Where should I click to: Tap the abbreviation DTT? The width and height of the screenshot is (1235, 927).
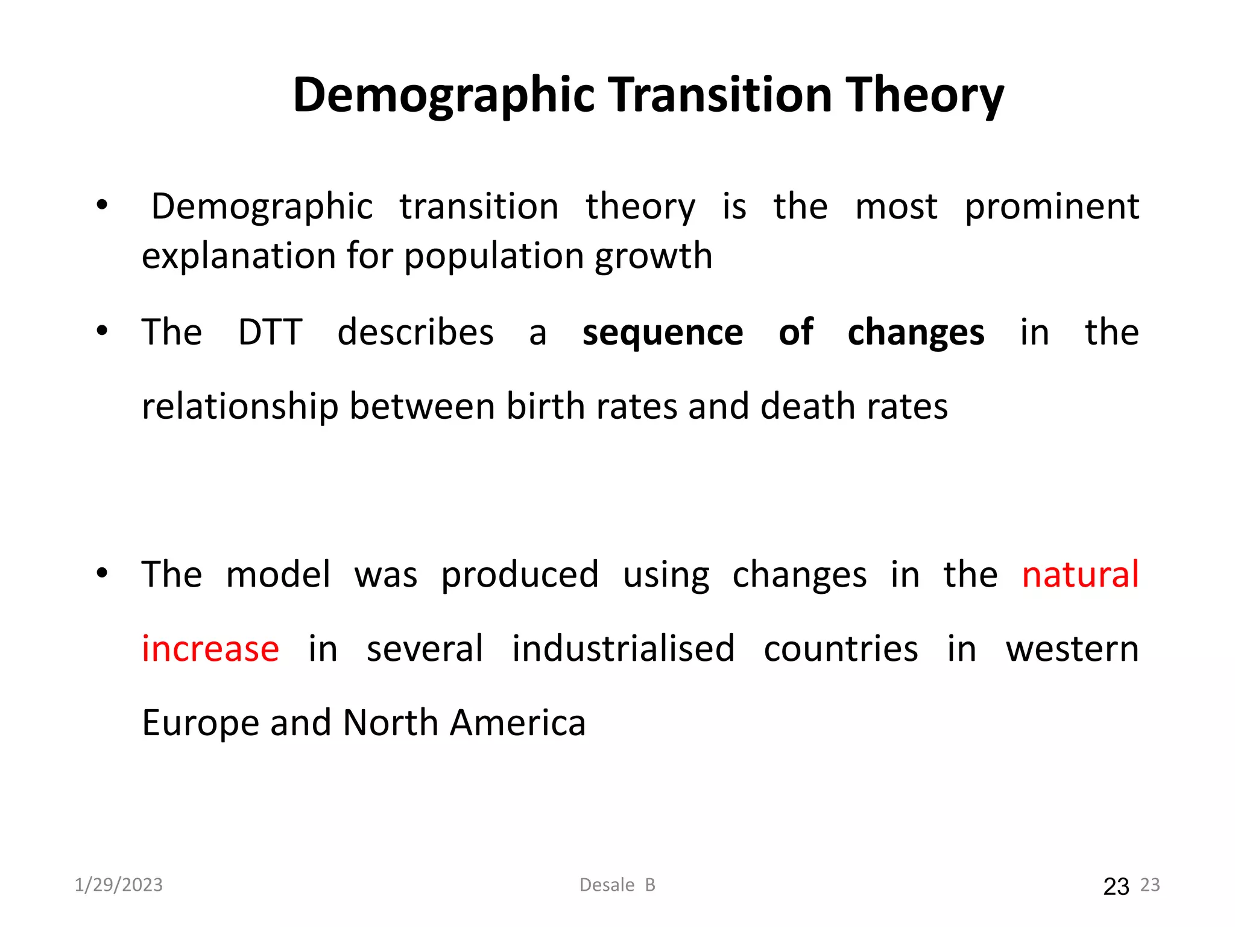coord(270,332)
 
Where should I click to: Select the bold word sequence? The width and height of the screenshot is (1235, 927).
coord(662,333)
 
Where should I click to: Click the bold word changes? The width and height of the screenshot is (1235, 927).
coord(915,333)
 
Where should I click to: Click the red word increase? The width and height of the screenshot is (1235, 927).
coord(210,649)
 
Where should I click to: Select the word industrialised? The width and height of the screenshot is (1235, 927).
coord(623,649)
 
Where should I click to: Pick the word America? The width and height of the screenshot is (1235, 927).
coord(517,723)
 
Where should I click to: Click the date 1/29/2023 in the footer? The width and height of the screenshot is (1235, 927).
coord(119,885)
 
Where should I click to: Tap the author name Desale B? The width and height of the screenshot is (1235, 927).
coord(617,885)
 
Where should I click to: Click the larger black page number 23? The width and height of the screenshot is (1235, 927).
coord(1116,887)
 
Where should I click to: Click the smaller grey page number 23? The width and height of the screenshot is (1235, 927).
coord(1150,885)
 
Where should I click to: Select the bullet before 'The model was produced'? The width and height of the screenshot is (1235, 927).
coord(102,573)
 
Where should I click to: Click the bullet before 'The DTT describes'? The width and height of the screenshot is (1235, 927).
coord(102,331)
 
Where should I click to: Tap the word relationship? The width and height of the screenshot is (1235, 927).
coord(239,406)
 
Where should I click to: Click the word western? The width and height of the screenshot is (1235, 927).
coord(1072,649)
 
